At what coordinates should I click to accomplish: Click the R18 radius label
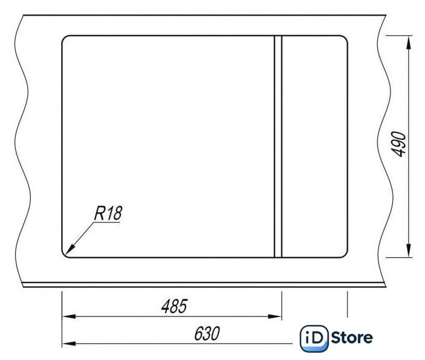[108, 213]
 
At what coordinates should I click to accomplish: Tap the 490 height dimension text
[399, 144]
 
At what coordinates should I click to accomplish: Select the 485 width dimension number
[174, 306]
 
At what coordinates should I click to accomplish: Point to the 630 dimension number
[207, 333]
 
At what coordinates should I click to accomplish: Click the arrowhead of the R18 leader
[70, 250]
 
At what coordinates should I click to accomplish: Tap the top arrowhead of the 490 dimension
[409, 42]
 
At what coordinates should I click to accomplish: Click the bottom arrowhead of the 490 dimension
[409, 250]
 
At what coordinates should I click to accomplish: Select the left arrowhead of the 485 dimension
[69, 316]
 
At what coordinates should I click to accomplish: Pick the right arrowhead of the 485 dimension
[275, 316]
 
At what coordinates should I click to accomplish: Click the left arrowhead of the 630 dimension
[69, 344]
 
